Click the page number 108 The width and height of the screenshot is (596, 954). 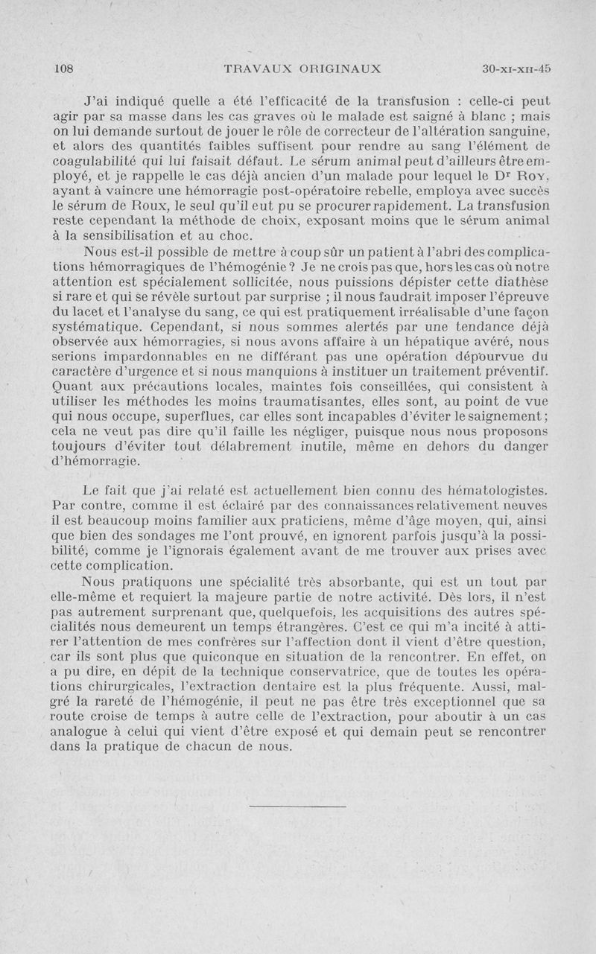(x=66, y=69)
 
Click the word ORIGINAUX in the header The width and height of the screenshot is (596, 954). (x=340, y=69)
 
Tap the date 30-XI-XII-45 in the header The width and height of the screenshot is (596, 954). (x=517, y=69)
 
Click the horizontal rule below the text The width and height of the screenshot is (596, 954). (x=297, y=806)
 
